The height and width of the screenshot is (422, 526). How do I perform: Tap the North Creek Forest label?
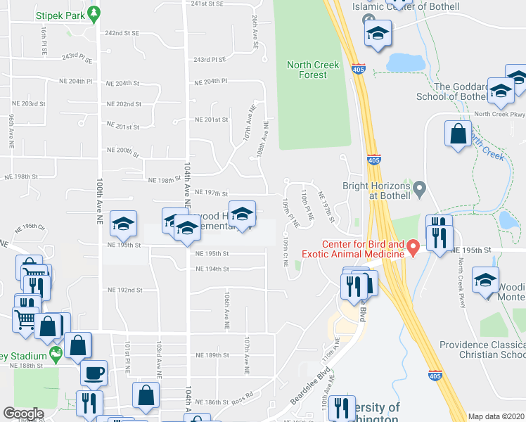313,70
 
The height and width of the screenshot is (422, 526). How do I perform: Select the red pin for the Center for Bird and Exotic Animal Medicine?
414,246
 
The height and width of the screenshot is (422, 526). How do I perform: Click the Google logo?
24,414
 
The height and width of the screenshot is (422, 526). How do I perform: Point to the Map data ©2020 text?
496,416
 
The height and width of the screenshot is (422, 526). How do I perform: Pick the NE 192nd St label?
124,290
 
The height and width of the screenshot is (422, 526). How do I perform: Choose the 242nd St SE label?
122,33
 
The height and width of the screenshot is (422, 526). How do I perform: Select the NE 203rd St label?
28,103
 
